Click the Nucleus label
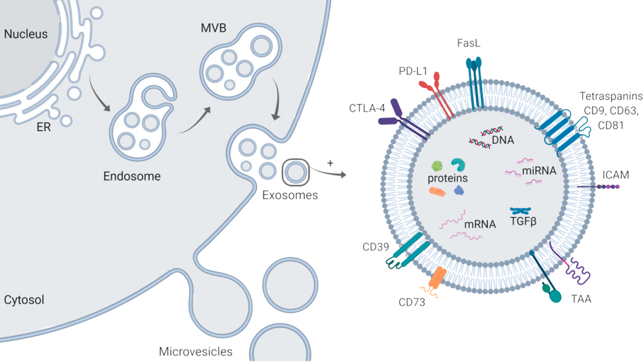[x=26, y=34]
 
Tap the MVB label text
[x=214, y=28]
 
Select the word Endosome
[x=132, y=176]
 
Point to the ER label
[x=44, y=127]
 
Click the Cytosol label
[x=24, y=300]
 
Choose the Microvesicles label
[x=196, y=351]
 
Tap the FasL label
[x=468, y=43]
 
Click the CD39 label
[x=376, y=247]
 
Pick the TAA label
[x=582, y=299]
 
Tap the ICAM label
[x=616, y=175]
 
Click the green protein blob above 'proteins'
[x=437, y=166]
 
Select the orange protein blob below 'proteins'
[x=437, y=192]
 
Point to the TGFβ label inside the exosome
[x=523, y=221]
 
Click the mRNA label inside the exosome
[x=480, y=224]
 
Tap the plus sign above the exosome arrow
[x=330, y=163]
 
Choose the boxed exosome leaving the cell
[x=295, y=172]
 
